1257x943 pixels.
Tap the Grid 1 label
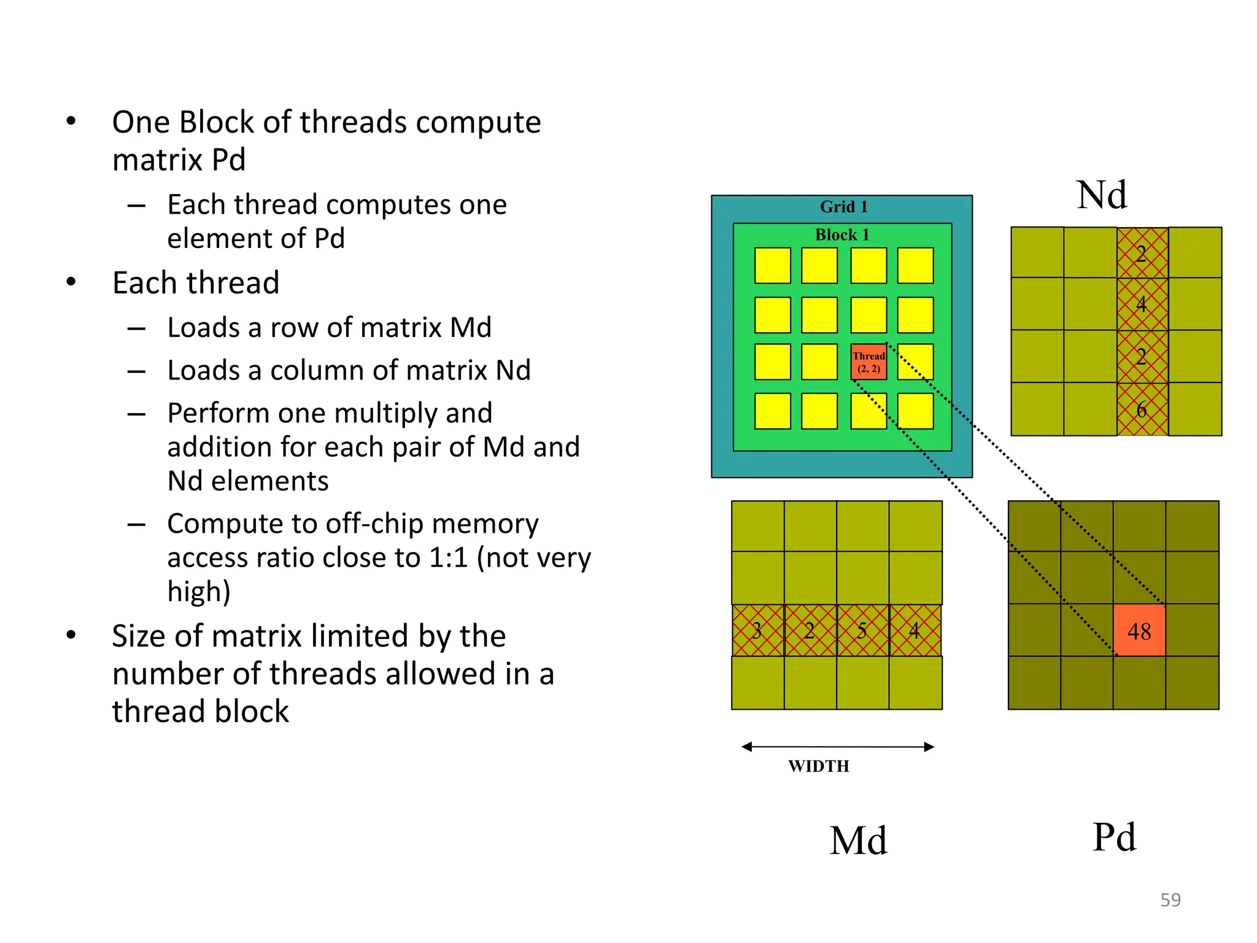tap(843, 207)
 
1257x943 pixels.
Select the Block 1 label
tap(841, 235)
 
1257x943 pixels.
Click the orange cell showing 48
tap(1139, 631)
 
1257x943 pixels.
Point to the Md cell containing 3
tap(757, 631)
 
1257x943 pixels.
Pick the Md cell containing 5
tap(862, 631)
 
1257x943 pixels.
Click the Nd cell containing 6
tap(1142, 409)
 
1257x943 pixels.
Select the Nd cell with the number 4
tap(1142, 304)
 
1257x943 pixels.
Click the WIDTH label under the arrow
tap(819, 766)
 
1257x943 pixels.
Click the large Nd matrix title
tap(1102, 195)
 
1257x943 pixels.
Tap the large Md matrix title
tap(858, 840)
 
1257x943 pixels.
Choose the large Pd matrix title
tap(1114, 837)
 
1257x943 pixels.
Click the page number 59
tap(1170, 900)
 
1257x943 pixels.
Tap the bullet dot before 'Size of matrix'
tap(71, 635)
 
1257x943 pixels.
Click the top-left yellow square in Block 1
tap(772, 265)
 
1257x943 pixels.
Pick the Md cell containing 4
tap(915, 631)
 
